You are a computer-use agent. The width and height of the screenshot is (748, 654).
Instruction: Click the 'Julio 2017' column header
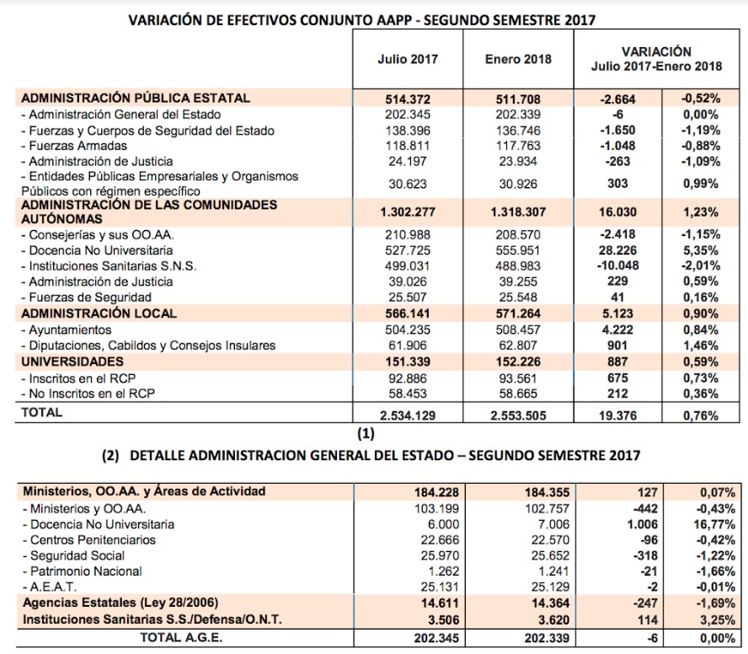click(x=408, y=59)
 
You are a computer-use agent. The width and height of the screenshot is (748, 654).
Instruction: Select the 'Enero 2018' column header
click(x=518, y=59)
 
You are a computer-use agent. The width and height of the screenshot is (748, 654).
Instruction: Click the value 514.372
click(x=408, y=99)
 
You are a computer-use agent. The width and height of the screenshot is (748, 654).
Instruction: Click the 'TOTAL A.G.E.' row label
click(x=180, y=637)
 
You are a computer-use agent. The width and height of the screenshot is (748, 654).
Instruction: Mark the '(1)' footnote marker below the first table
click(x=364, y=434)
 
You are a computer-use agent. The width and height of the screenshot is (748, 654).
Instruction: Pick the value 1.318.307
click(x=518, y=211)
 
